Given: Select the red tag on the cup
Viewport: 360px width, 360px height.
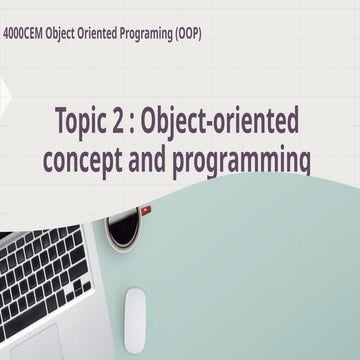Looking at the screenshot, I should (x=146, y=210).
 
